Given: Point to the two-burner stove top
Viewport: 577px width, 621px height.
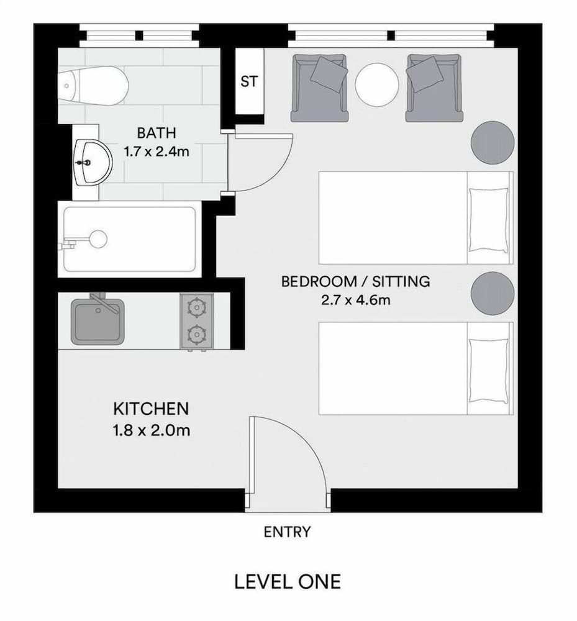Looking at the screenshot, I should [x=197, y=322].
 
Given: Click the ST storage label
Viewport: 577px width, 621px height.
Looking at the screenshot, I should [x=249, y=81].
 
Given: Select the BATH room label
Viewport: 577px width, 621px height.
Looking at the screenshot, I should [x=157, y=132].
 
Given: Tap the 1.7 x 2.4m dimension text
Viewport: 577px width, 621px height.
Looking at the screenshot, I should [x=157, y=151].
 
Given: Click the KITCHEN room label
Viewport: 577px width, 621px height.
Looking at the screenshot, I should [x=151, y=409].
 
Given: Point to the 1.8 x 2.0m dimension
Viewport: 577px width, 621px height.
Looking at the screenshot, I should [x=151, y=430].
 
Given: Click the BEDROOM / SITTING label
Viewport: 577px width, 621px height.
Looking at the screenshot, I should [x=355, y=281].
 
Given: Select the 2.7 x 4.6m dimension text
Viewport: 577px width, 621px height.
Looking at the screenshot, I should [x=355, y=301].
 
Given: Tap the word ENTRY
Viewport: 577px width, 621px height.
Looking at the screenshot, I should [x=287, y=532].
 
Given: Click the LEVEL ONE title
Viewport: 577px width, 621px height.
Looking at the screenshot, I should [x=288, y=582].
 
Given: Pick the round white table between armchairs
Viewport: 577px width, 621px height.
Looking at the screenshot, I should [x=377, y=86].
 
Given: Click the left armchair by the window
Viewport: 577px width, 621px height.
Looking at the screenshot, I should [x=319, y=87].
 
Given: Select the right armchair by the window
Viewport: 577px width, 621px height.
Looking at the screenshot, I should [x=434, y=87].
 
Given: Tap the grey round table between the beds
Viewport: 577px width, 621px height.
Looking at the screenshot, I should [x=493, y=293].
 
